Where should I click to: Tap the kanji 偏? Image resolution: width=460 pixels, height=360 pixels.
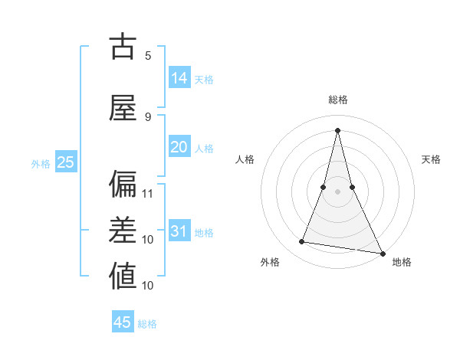[x=123, y=184]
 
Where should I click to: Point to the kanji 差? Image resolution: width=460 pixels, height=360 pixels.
[x=123, y=231]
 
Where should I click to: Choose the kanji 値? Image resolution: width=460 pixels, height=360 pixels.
[x=123, y=277]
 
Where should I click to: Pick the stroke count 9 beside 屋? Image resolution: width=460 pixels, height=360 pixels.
[x=148, y=116]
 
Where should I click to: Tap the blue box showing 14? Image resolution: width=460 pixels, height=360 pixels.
[x=179, y=78]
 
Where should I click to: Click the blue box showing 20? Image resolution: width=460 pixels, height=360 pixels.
[x=179, y=147]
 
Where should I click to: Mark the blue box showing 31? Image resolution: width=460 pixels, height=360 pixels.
[x=179, y=231]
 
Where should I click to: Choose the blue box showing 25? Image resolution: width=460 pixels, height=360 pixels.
[x=65, y=162]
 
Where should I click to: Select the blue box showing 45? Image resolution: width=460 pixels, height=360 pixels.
[x=123, y=322]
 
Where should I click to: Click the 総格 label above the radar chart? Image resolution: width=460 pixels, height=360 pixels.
[x=337, y=100]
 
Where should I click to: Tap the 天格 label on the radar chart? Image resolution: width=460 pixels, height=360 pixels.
[x=431, y=159]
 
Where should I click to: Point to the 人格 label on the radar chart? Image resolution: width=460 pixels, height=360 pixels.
[x=245, y=159]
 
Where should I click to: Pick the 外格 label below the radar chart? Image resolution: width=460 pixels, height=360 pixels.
[x=270, y=262]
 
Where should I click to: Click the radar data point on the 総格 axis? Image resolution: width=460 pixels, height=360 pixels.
[x=337, y=129]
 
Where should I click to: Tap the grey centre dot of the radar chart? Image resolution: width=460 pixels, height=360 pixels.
[x=337, y=191]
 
